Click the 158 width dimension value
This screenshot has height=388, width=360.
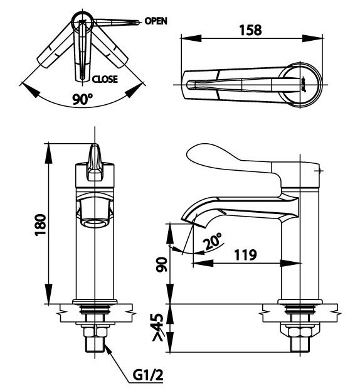(250, 30)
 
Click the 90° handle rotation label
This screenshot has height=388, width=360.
(82, 99)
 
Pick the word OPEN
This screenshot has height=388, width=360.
(156, 21)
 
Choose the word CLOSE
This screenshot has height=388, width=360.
(105, 79)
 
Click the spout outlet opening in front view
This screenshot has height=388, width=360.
(95, 222)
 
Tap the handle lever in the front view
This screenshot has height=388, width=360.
(95, 162)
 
